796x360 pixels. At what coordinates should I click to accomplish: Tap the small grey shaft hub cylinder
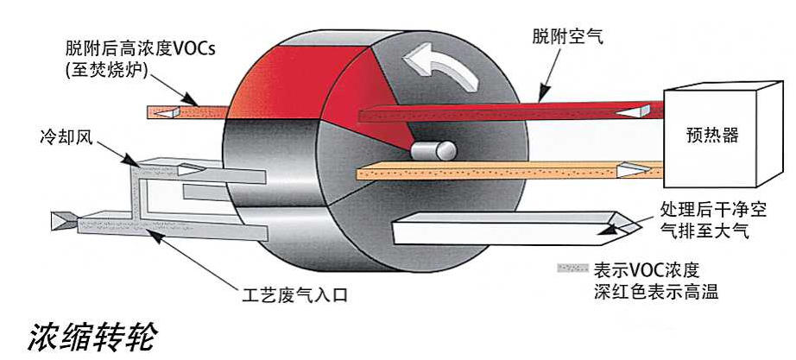coord(432,151)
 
